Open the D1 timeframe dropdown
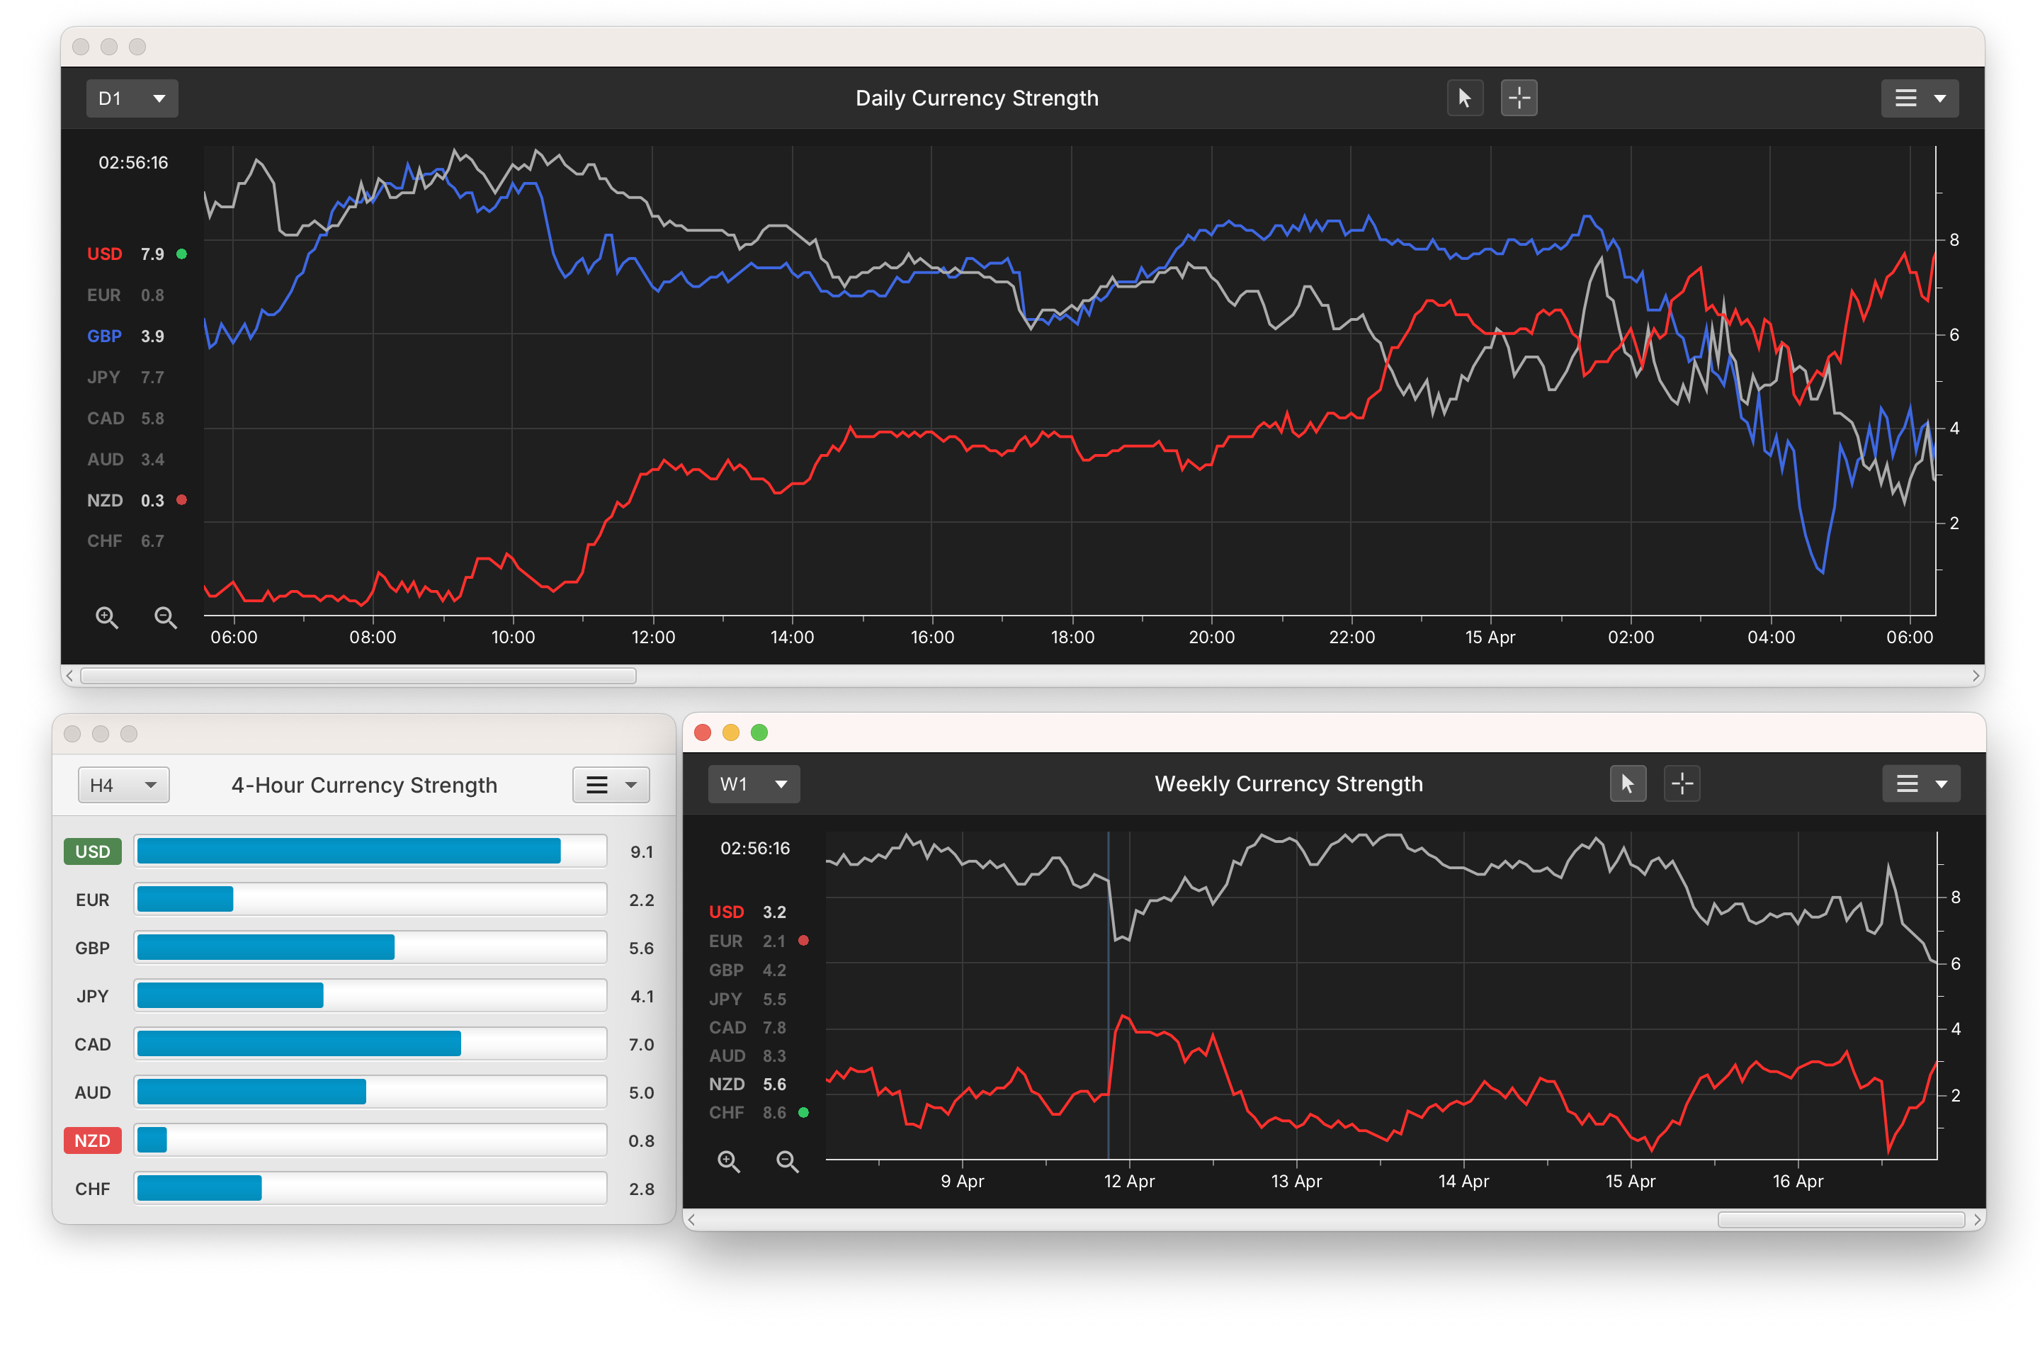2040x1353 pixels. coord(131,98)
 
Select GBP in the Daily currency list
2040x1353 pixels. coord(104,336)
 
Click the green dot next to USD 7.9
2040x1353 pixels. coord(182,254)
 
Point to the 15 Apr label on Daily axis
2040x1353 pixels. coord(1489,637)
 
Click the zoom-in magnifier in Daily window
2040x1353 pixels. coord(107,617)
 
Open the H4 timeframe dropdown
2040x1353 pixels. coord(123,784)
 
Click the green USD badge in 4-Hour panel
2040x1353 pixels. coord(92,851)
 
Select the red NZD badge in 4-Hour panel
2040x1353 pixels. coord(92,1140)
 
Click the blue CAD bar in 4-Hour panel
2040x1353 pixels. coord(298,1043)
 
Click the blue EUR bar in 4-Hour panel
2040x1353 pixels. coord(185,899)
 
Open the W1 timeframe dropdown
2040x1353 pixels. coord(753,783)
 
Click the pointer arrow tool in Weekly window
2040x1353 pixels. coord(1627,783)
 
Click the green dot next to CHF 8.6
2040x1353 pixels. coord(803,1112)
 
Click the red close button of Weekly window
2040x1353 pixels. coord(702,732)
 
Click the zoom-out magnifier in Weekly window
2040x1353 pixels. coord(787,1162)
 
